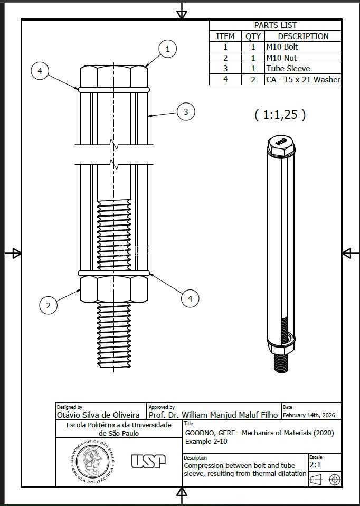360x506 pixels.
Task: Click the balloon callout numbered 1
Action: (x=168, y=49)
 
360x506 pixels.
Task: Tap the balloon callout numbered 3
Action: (x=186, y=112)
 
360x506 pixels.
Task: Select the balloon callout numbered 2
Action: (x=49, y=305)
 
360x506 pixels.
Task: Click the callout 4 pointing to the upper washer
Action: (x=40, y=71)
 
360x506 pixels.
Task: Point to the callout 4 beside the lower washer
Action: (x=190, y=298)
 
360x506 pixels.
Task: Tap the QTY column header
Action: (x=253, y=36)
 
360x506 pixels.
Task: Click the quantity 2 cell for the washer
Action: (x=253, y=79)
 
